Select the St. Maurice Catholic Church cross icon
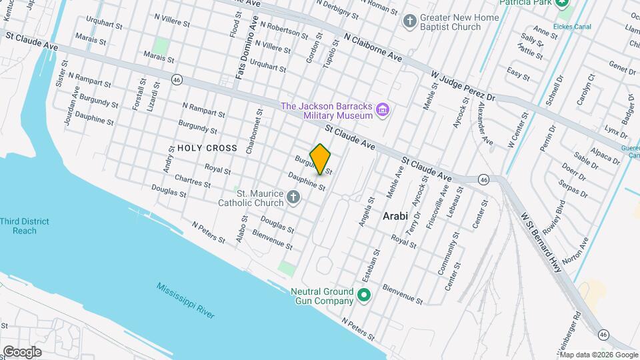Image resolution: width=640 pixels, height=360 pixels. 293,197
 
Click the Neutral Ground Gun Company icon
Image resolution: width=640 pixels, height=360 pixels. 364,295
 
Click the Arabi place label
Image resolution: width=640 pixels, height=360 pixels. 396,216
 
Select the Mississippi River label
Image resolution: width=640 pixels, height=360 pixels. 185,300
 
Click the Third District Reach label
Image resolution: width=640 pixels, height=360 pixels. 25,225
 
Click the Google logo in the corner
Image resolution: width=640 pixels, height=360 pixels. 21,351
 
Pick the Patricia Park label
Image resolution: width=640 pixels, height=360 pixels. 533,3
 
